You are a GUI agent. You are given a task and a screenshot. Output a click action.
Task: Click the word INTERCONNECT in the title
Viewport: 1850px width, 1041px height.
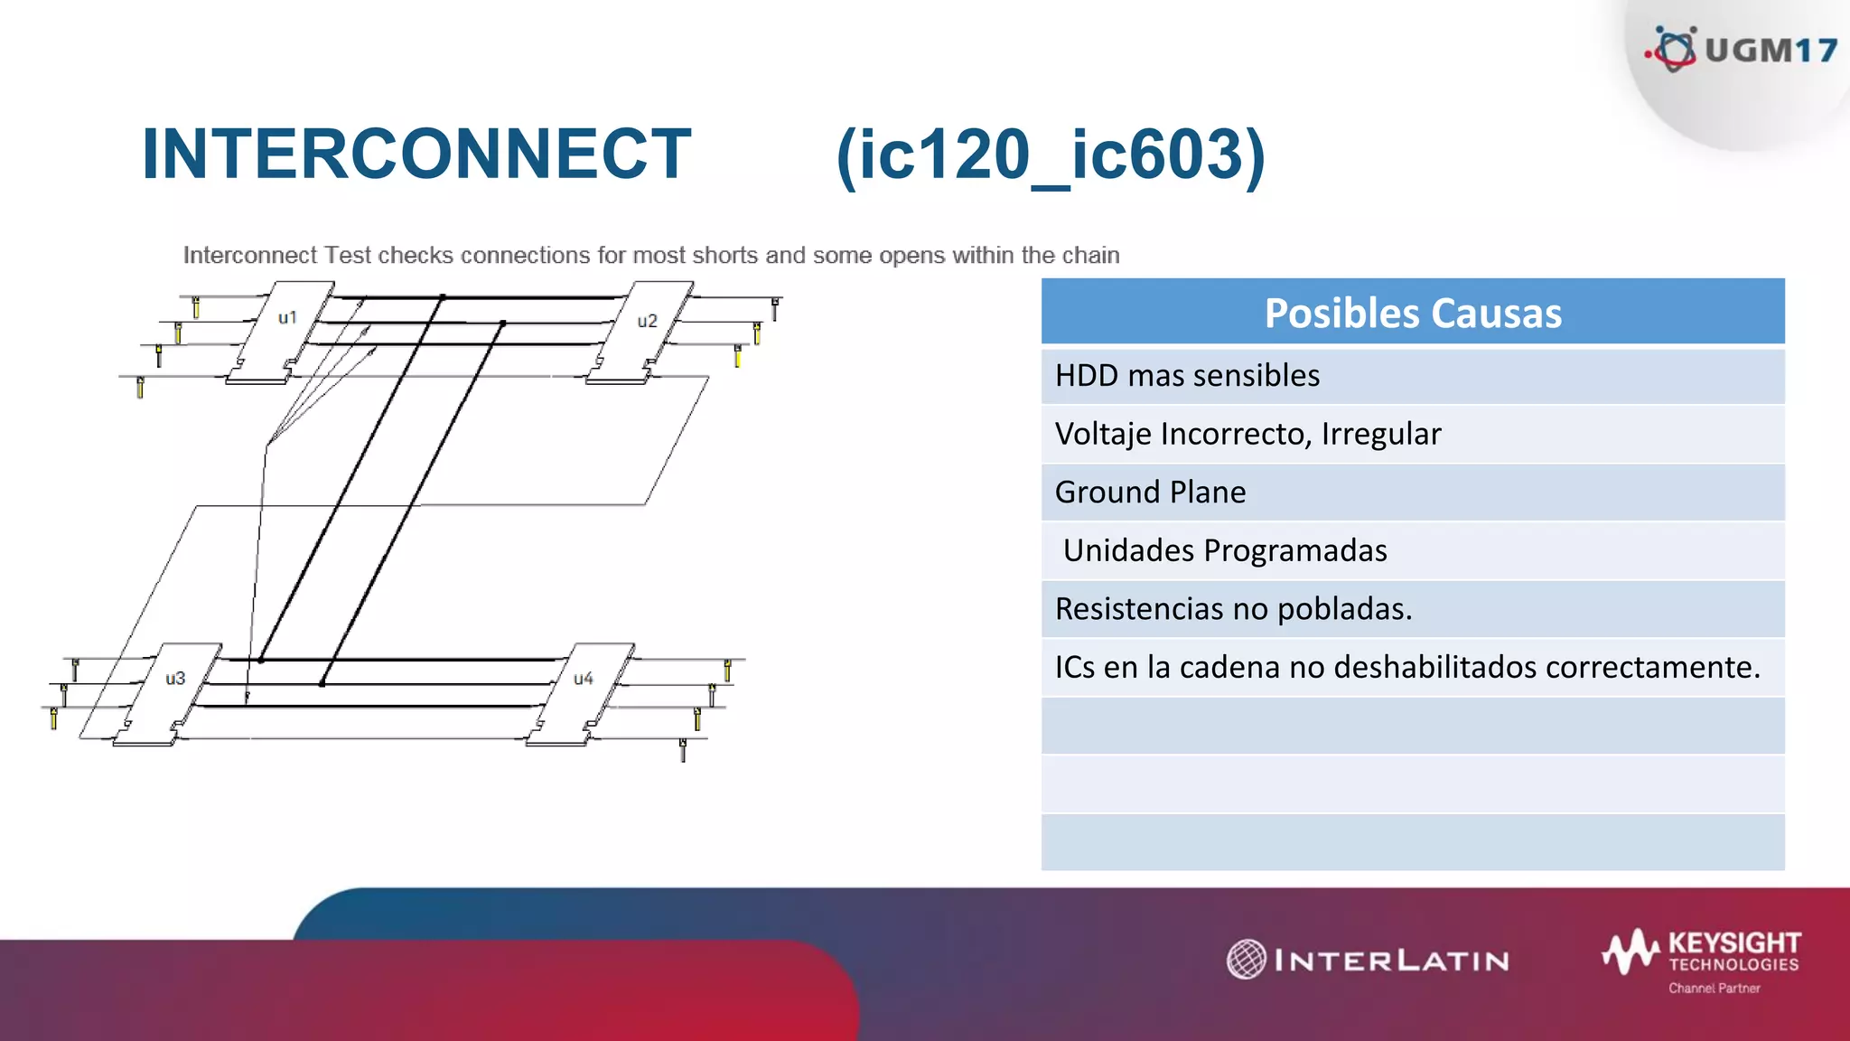point(416,155)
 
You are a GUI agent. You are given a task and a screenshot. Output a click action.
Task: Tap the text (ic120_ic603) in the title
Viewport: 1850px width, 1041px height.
point(1051,155)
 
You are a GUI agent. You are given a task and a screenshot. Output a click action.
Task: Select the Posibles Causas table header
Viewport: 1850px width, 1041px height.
point(1412,313)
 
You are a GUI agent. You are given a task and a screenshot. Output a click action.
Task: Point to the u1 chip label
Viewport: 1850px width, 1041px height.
point(287,318)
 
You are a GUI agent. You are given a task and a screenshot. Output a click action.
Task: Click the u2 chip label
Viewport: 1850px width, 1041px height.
point(647,321)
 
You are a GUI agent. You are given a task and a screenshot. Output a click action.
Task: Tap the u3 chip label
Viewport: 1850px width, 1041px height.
point(175,678)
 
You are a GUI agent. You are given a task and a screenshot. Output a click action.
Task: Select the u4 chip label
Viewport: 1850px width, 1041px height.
point(584,678)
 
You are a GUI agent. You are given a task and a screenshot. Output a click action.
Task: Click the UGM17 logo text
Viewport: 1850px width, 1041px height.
point(1771,51)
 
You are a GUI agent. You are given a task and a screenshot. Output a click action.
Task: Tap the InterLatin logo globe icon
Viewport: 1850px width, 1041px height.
point(1247,959)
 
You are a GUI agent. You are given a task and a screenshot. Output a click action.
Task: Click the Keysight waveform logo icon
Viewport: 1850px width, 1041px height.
point(1631,952)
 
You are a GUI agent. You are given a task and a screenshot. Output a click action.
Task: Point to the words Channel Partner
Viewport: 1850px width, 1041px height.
point(1714,989)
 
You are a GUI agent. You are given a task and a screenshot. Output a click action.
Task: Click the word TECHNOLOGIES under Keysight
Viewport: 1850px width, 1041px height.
point(1733,965)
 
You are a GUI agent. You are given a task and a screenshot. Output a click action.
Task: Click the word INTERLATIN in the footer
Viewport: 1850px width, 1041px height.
point(1391,961)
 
